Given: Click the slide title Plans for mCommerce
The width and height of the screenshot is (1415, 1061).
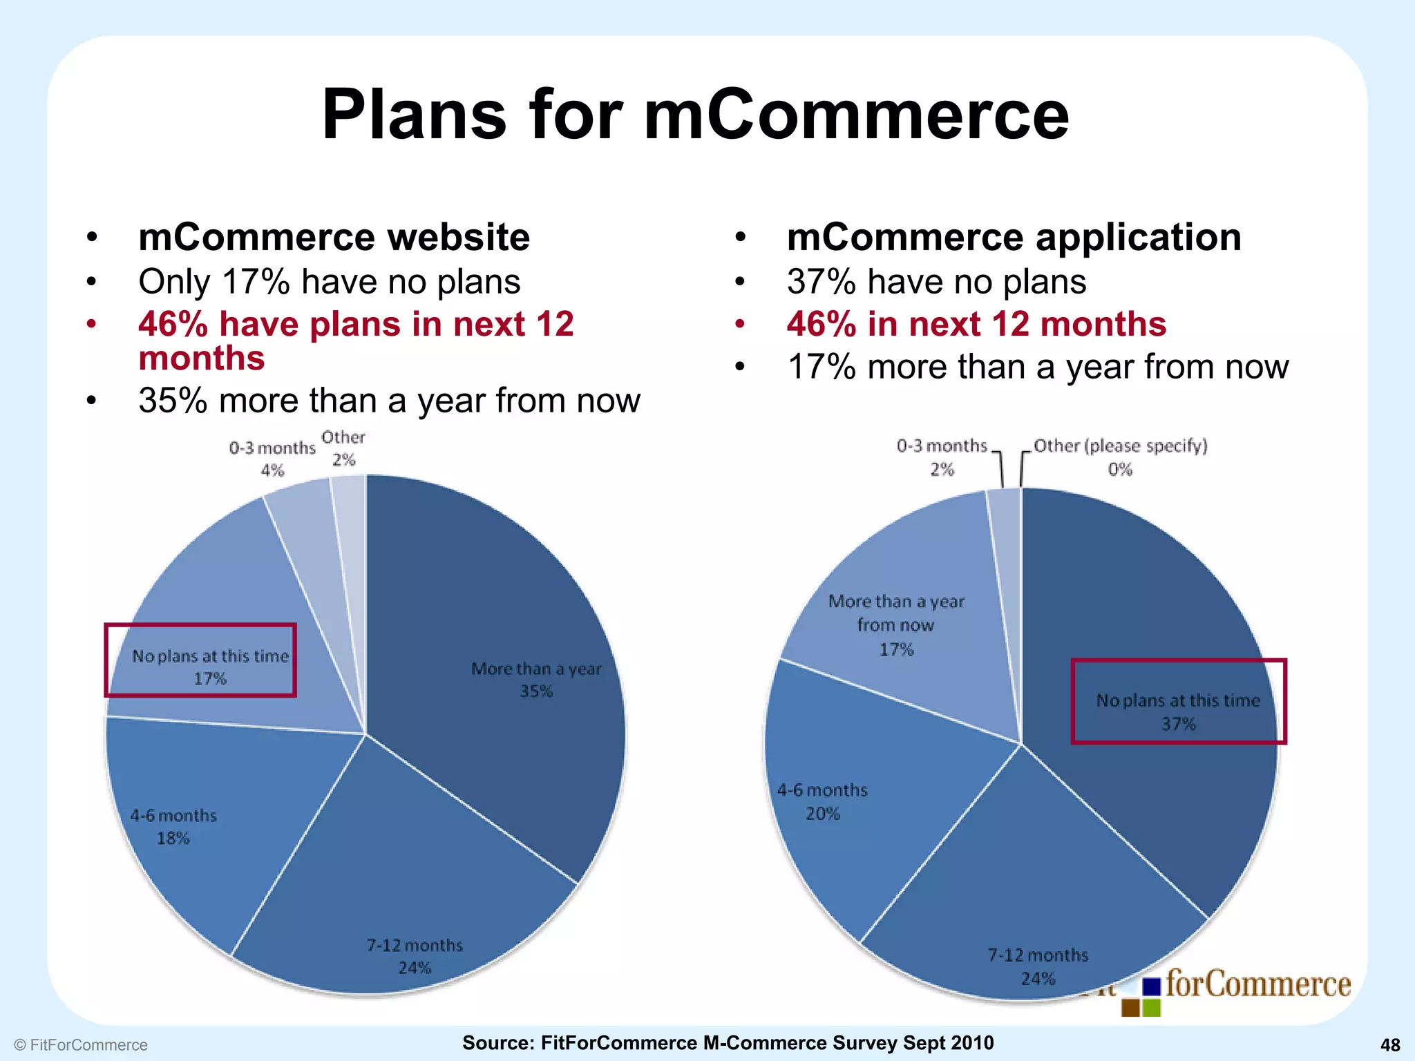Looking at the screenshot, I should click(695, 115).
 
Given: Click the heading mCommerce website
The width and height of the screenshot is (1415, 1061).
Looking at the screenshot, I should click(334, 237).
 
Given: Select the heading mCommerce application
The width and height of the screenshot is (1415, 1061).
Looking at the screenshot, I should click(1014, 237).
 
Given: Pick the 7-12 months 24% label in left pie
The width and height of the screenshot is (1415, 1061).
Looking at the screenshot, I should click(415, 956).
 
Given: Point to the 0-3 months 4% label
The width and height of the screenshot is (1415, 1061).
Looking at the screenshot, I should click(272, 459).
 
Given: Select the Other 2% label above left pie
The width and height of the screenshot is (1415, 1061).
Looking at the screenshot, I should click(343, 448).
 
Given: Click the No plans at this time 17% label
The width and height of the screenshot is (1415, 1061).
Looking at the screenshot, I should click(210, 667).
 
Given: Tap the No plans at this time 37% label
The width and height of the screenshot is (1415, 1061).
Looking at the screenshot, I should click(1178, 711).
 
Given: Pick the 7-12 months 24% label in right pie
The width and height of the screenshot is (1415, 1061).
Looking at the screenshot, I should click(1038, 966).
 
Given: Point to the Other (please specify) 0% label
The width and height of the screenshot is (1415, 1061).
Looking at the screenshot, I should click(1120, 457).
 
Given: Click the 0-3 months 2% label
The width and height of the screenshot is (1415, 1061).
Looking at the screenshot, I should click(942, 457).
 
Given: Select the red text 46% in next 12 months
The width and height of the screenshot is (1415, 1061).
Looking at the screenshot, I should click(976, 324).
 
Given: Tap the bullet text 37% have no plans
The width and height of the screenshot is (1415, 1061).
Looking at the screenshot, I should click(936, 282).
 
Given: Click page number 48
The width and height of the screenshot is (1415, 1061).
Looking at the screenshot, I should click(1390, 1045).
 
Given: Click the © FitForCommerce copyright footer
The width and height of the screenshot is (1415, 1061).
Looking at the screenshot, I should click(81, 1045).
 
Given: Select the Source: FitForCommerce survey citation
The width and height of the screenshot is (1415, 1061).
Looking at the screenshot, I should click(728, 1043).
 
